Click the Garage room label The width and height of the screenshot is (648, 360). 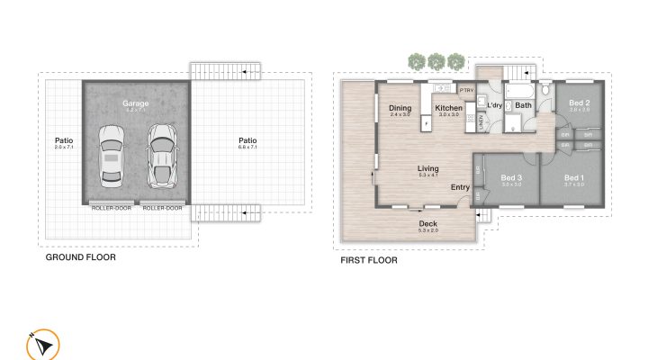click(136, 103)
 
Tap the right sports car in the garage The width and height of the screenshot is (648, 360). click(162, 156)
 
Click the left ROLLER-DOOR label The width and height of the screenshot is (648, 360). click(111, 208)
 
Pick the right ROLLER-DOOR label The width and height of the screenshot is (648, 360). click(162, 208)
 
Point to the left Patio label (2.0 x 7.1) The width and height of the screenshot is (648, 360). click(63, 140)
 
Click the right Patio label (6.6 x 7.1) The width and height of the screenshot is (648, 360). click(247, 140)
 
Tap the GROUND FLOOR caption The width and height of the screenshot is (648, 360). click(80, 257)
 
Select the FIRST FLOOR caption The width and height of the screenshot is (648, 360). click(368, 260)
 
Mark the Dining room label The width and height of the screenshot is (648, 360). click(400, 109)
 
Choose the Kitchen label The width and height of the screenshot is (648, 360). click(448, 109)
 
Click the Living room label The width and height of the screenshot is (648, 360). click(427, 168)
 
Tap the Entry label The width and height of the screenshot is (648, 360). click(460, 187)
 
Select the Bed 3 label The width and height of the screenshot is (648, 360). click(511, 178)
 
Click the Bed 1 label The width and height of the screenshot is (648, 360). click(574, 178)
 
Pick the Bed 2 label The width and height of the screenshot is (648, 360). click(580, 103)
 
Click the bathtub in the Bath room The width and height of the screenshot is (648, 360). click(520, 92)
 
